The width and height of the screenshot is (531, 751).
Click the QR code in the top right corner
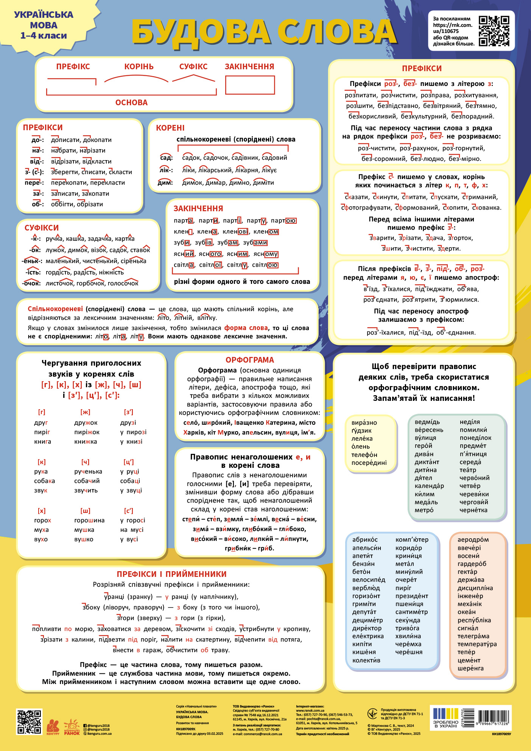(x=494, y=31)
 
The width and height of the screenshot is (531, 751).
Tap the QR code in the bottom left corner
(x=29, y=721)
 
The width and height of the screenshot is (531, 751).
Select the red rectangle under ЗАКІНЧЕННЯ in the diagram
(x=250, y=85)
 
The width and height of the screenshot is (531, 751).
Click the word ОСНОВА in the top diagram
(x=131, y=103)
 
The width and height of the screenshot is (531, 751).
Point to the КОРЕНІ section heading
(x=170, y=128)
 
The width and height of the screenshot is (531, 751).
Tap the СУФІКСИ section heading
(x=42, y=228)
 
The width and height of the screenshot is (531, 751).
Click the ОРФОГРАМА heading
(x=249, y=360)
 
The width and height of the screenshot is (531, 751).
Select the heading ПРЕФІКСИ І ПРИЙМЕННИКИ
(x=171, y=574)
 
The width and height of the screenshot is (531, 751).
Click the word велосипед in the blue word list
(x=369, y=580)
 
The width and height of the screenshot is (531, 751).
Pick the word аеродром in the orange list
(x=473, y=540)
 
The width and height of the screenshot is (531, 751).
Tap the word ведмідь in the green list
(x=427, y=422)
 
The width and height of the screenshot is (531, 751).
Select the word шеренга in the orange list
(x=470, y=668)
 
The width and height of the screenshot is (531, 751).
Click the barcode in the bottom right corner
(x=494, y=717)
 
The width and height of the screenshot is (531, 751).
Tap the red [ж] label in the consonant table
(x=85, y=412)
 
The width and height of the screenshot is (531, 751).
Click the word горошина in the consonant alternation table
(x=89, y=520)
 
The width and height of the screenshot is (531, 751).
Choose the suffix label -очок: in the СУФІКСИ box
(x=31, y=283)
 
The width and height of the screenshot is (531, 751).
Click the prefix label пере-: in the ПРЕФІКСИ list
(x=34, y=183)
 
